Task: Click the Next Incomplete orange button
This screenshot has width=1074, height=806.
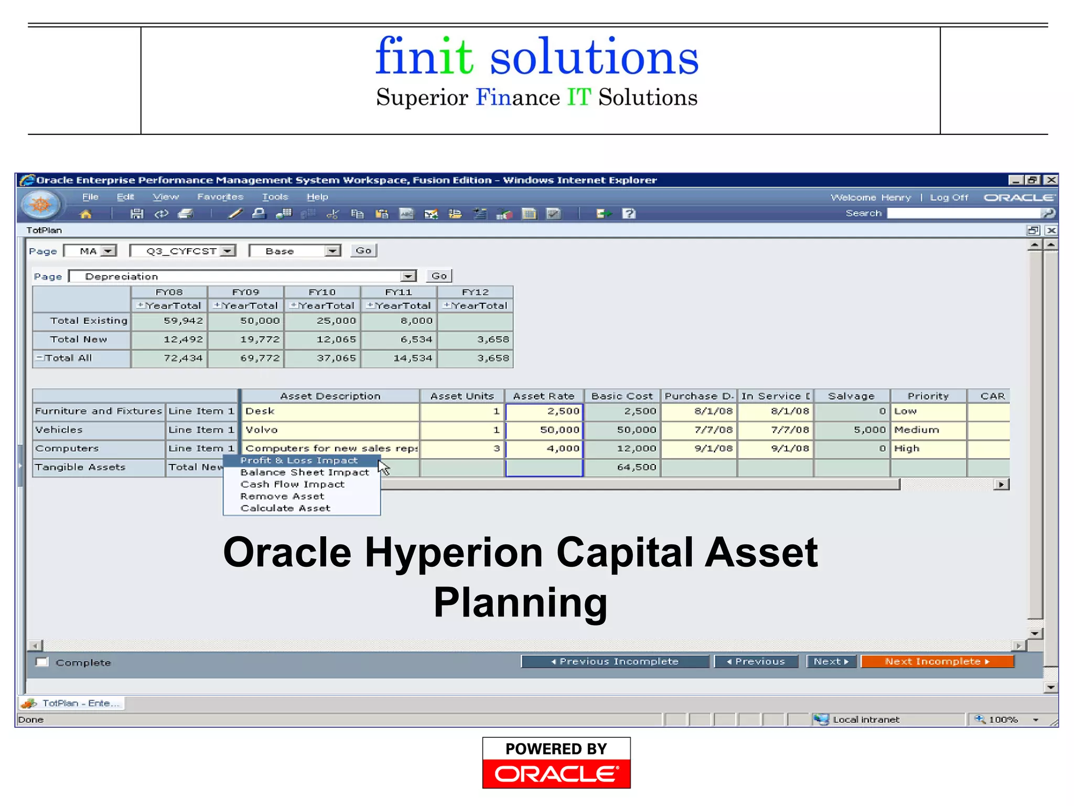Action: [937, 662]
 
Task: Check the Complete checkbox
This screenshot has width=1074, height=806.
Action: [42, 662]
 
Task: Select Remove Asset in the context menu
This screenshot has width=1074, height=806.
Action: [282, 496]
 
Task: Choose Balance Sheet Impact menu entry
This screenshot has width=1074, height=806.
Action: [304, 472]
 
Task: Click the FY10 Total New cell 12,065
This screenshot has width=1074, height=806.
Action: [323, 340]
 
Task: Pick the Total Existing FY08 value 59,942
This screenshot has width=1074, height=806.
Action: [169, 321]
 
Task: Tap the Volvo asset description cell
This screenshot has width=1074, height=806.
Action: [330, 430]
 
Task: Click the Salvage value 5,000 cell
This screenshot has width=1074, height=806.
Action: [852, 430]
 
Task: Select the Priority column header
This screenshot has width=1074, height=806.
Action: [928, 396]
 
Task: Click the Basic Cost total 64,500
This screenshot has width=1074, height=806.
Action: [622, 467]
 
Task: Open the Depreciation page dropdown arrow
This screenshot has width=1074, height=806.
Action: [408, 277]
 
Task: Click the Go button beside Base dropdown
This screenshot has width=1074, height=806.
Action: [363, 251]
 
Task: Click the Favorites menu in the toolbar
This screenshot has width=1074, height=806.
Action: [220, 197]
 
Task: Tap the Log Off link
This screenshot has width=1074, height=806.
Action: [949, 197]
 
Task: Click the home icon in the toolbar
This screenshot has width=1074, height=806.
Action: [85, 214]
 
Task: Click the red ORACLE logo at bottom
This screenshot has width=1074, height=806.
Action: [556, 773]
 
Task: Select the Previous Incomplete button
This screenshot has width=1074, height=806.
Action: [615, 662]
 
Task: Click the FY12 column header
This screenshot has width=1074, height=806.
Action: [475, 292]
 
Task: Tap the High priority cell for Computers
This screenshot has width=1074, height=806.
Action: [928, 449]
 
